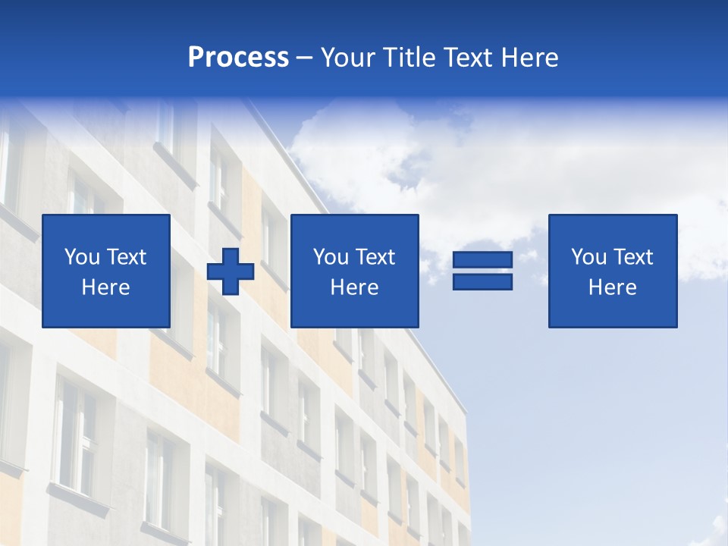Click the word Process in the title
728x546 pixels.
click(238, 58)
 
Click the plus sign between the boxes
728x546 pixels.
click(231, 271)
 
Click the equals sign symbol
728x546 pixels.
click(482, 271)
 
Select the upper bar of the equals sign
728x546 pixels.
click(482, 260)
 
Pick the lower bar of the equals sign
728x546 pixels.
click(482, 281)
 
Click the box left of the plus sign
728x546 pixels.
click(105, 271)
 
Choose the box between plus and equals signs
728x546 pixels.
click(354, 271)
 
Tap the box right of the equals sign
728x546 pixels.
click(612, 271)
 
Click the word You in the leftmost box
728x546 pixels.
click(81, 257)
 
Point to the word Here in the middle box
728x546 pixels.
click(354, 287)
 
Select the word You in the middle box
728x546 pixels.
click(330, 257)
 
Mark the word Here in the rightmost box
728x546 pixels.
click(612, 287)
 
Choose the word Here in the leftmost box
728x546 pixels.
click(105, 287)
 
